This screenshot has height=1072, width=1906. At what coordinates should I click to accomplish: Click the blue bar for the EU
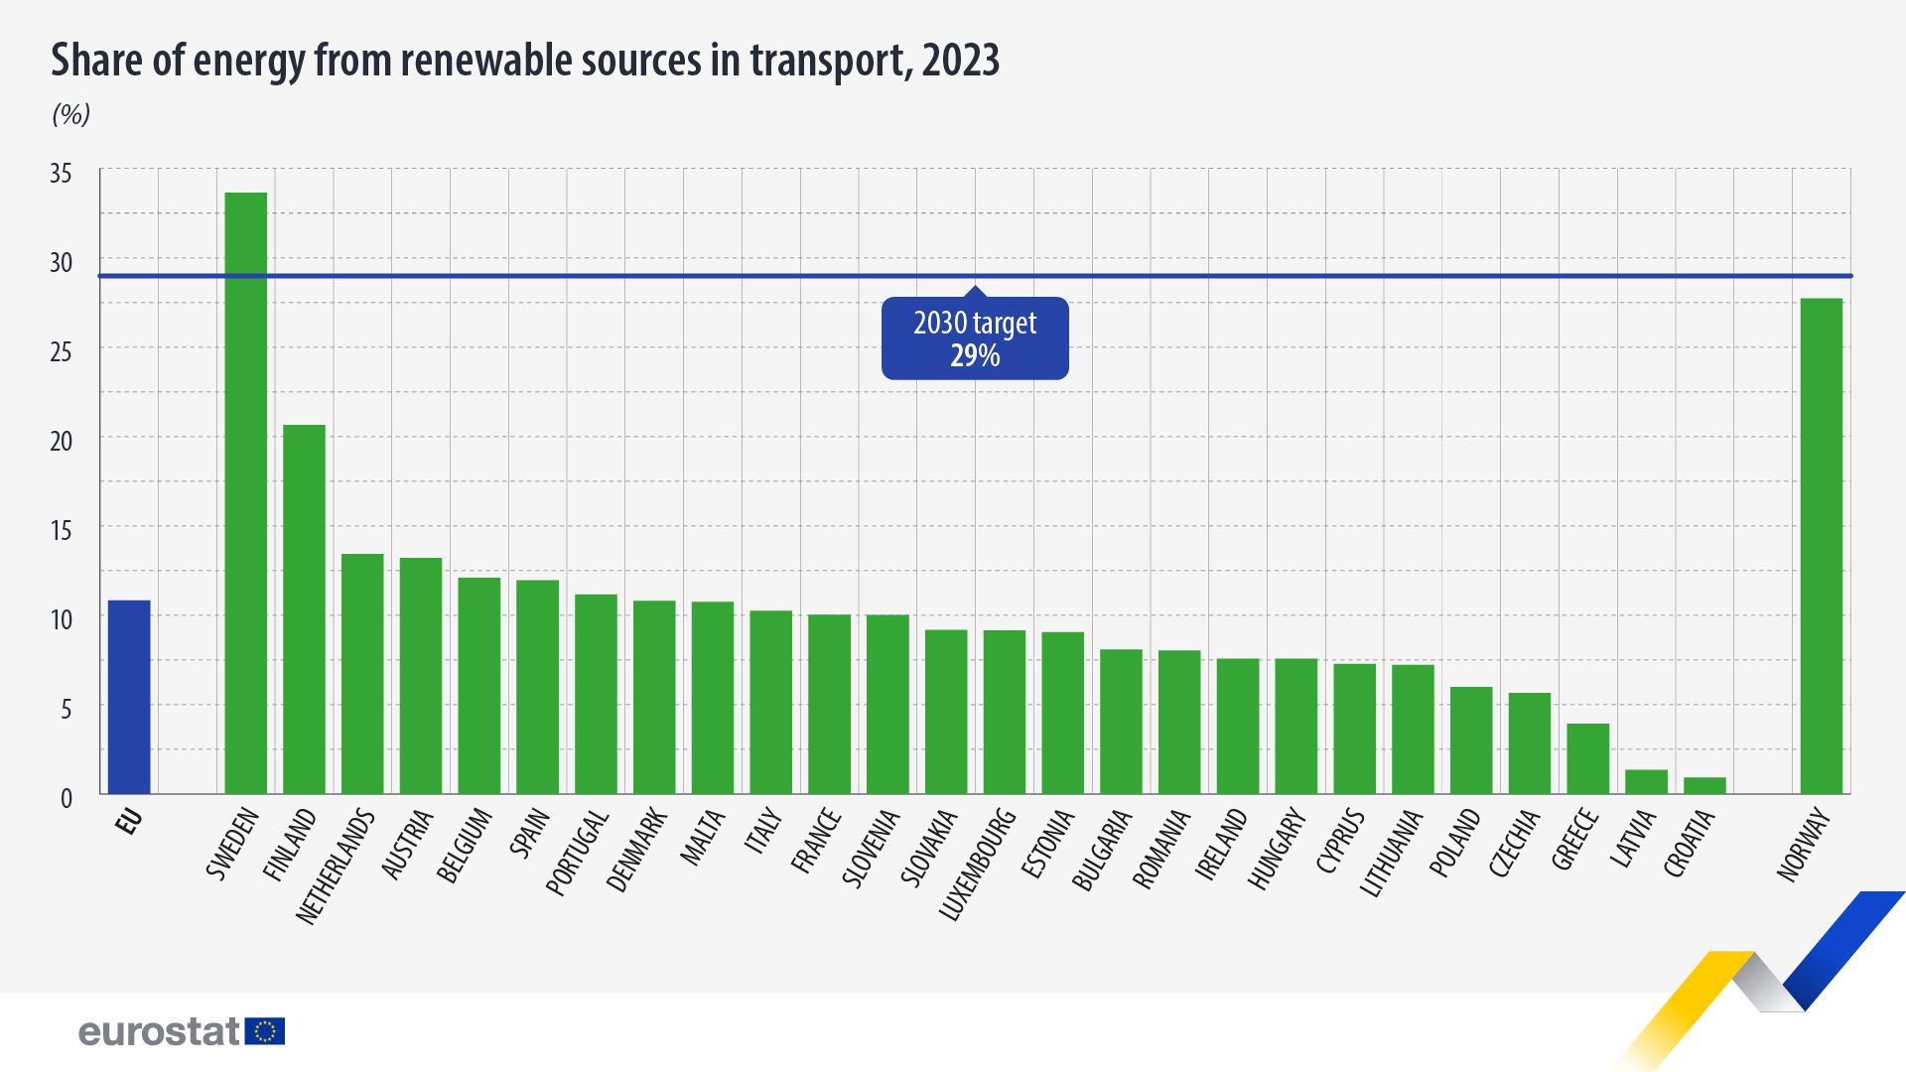(x=129, y=697)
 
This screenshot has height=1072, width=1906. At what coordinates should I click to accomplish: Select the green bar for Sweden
(x=246, y=493)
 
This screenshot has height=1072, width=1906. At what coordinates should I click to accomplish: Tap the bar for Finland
(x=304, y=609)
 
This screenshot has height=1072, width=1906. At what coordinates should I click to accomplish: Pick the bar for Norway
(x=1821, y=546)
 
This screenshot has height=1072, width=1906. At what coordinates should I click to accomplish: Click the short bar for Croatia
(x=1704, y=785)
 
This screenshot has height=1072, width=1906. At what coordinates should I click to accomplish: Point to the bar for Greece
(x=1587, y=758)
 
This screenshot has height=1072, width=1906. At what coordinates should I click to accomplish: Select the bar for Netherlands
(x=362, y=674)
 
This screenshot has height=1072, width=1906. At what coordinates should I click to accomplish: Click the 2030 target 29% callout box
(x=975, y=338)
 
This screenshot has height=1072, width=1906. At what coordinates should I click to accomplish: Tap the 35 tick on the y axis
(x=61, y=174)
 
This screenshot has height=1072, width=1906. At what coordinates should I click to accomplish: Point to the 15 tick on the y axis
(x=61, y=530)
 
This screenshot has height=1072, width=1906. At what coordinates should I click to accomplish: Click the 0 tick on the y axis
(x=66, y=798)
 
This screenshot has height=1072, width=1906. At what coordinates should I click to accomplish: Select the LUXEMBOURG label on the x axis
(x=978, y=865)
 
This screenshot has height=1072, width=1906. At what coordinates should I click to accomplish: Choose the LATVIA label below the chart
(x=1634, y=839)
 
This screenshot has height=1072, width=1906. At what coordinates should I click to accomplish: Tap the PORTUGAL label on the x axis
(x=578, y=853)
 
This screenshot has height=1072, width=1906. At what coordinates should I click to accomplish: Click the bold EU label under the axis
(x=129, y=821)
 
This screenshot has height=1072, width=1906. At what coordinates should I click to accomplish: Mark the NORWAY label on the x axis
(x=1803, y=845)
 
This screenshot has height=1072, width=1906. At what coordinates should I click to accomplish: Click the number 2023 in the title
(x=960, y=61)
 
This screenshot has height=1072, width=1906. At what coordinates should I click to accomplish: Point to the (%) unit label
(x=70, y=115)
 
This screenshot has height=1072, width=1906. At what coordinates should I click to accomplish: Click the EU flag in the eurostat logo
(x=265, y=1031)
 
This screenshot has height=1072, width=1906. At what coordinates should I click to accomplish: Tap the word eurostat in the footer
(x=159, y=1032)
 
